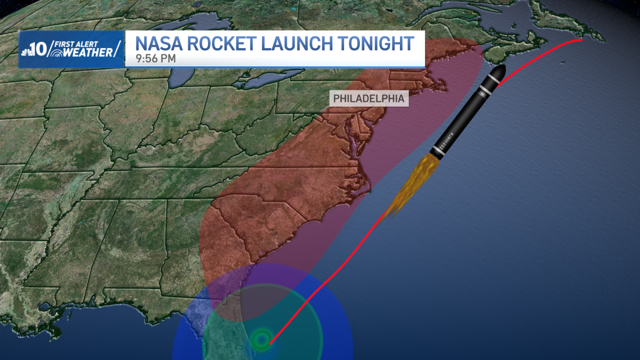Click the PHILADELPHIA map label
[x=369, y=99]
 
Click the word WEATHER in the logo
[x=85, y=52]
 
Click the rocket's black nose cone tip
[x=502, y=68]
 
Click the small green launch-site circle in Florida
[x=262, y=339]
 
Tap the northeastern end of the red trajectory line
[x=581, y=39]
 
